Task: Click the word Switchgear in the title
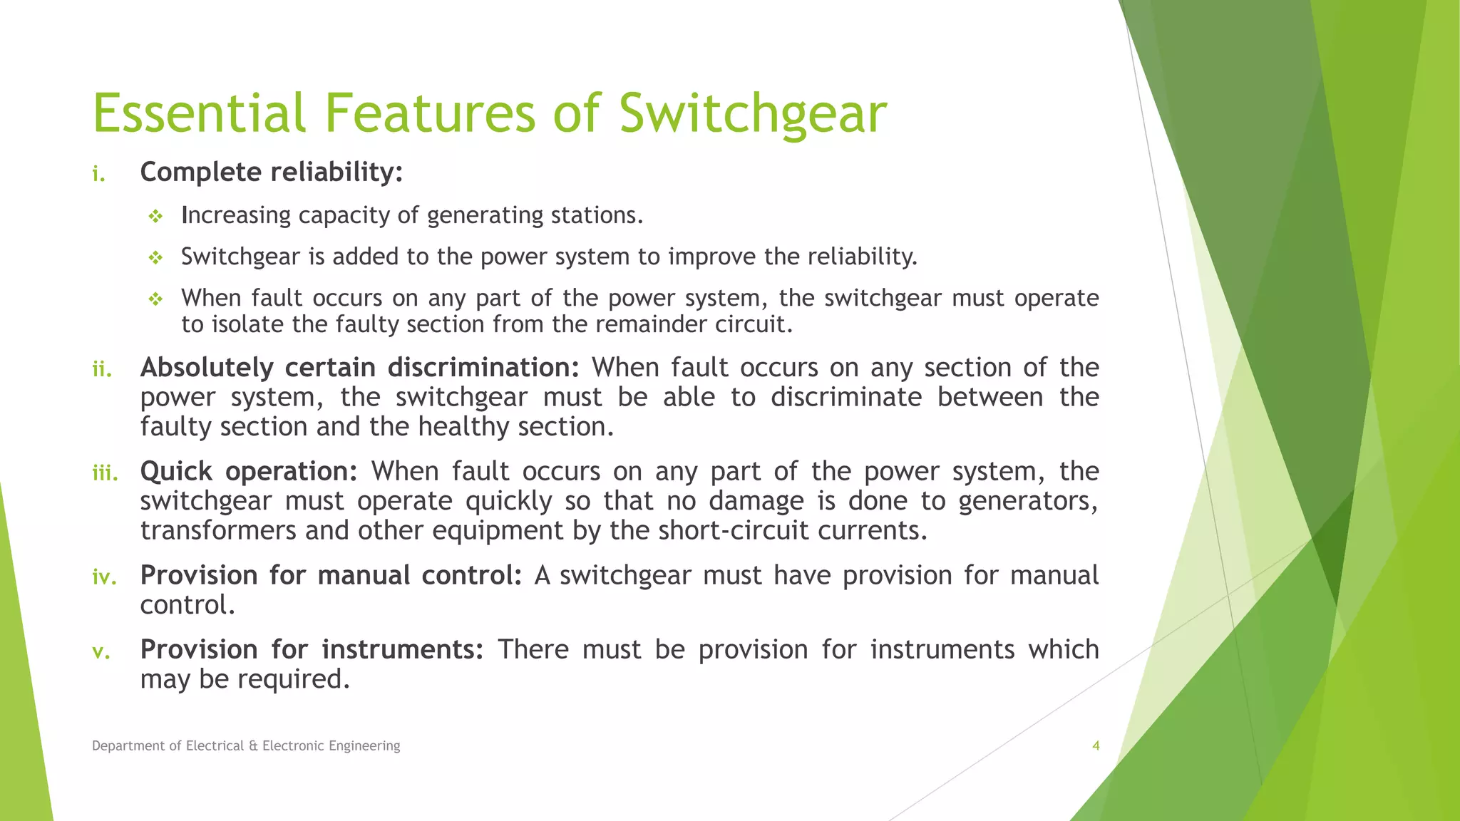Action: [752, 114]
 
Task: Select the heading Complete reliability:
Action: [272, 172]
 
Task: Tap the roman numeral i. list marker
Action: [99, 174]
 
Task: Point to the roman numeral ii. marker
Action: [102, 369]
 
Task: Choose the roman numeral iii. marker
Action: [105, 473]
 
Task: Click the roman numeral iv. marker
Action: [104, 577]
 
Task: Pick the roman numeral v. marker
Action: [101, 651]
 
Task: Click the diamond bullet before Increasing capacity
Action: [155, 216]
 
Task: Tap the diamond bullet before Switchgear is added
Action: [155, 257]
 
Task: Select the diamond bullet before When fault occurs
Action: [155, 299]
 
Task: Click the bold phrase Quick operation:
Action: [248, 472]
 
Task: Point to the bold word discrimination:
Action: [483, 368]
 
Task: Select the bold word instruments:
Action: [402, 650]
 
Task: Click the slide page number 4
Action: [1096, 745]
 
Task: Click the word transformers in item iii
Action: [217, 531]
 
